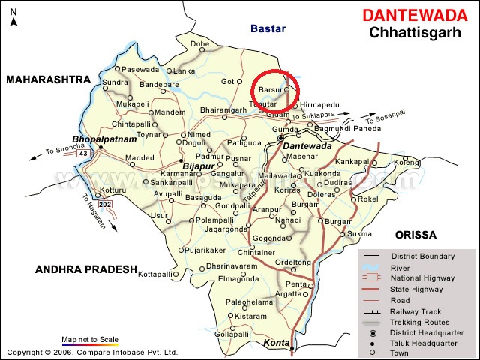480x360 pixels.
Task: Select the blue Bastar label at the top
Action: tap(268, 28)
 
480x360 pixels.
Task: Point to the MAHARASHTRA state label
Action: tap(46, 79)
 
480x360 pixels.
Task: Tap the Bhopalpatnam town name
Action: tap(104, 139)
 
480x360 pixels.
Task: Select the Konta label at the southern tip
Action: tap(276, 343)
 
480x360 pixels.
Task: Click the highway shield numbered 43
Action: tap(83, 154)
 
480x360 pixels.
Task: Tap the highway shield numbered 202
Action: tap(103, 204)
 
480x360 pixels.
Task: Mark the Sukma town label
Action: tap(359, 234)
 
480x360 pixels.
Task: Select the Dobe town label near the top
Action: tap(199, 44)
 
